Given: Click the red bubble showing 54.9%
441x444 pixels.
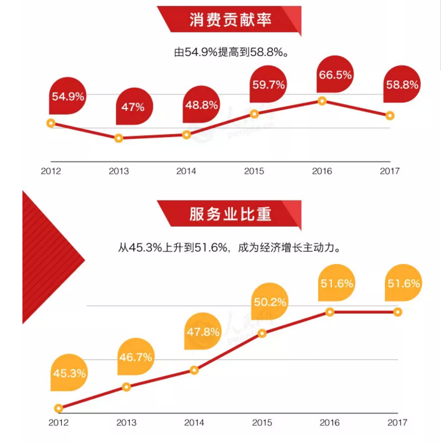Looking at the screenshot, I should (69, 97).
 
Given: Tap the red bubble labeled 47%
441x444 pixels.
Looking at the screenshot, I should (133, 107).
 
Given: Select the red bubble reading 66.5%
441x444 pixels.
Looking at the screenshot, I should (335, 75).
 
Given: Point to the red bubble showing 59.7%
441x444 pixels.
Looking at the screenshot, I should (268, 85).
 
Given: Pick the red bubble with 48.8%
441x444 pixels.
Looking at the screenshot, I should (201, 105).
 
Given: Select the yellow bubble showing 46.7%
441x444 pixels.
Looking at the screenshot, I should (135, 358).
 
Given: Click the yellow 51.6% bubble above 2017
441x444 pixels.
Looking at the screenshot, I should (404, 283).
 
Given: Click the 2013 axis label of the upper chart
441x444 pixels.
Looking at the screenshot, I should (118, 170).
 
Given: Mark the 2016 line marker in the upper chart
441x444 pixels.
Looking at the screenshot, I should (322, 100).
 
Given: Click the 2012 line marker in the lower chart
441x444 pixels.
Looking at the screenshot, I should (59, 409).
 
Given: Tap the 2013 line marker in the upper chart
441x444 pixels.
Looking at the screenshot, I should (118, 138).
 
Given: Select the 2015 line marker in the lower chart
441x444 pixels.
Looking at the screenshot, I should (262, 333).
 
